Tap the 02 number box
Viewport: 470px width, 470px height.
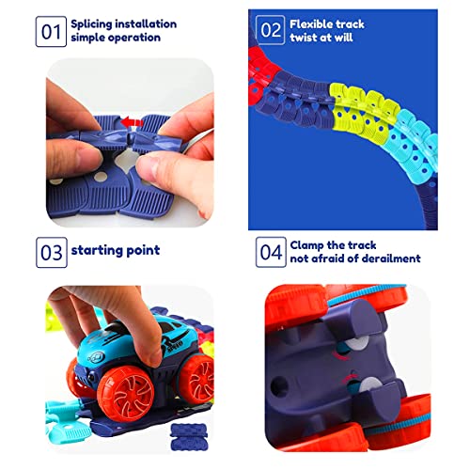click(271, 30)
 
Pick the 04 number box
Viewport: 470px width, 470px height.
click(271, 251)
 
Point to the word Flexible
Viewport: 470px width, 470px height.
click(314, 23)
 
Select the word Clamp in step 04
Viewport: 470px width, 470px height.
click(310, 243)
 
